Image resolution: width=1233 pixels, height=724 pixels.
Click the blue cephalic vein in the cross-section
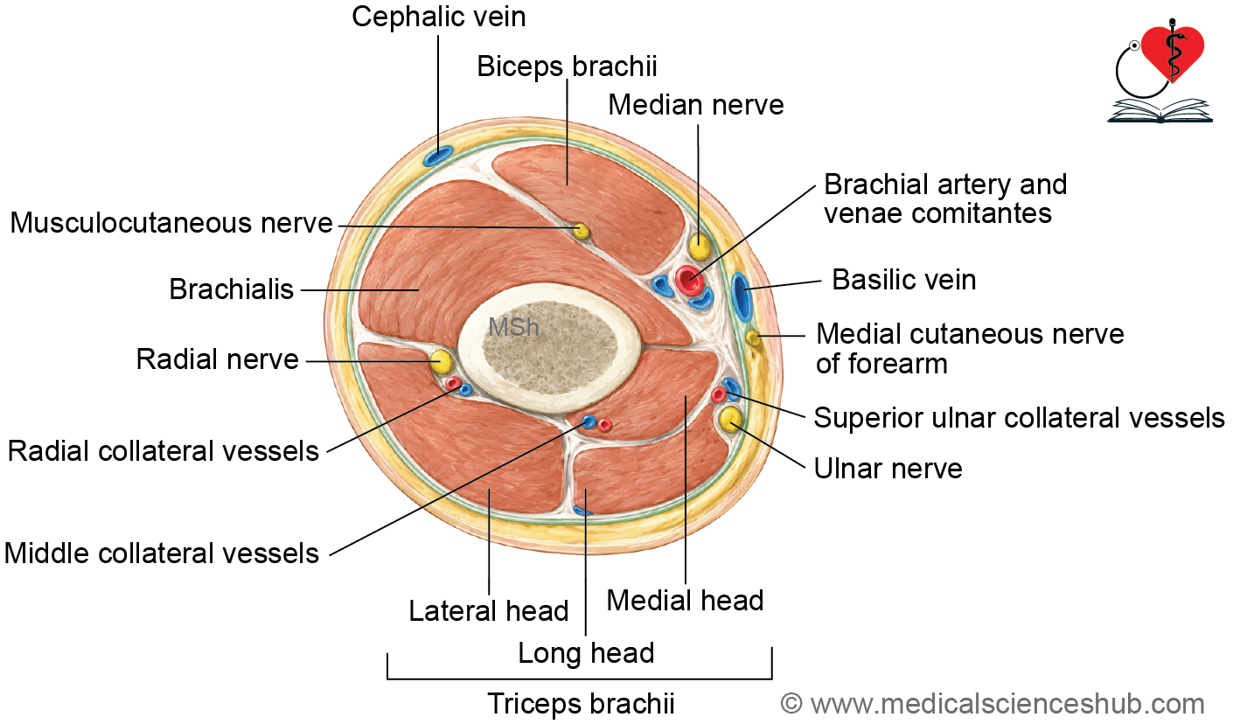tap(438, 156)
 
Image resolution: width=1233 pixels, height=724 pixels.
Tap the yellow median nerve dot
tap(700, 246)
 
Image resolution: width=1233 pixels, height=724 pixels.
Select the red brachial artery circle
tap(689, 280)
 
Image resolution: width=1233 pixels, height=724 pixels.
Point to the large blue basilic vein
tap(742, 296)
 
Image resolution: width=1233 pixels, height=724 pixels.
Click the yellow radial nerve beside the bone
tap(441, 362)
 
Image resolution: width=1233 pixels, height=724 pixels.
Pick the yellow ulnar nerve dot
tap(730, 419)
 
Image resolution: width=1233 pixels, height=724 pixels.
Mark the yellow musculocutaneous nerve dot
tap(581, 231)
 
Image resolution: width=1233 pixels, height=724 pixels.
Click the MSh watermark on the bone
tap(513, 328)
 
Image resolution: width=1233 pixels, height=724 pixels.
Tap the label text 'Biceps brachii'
tap(567, 66)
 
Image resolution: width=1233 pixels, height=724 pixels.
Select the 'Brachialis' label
tap(231, 289)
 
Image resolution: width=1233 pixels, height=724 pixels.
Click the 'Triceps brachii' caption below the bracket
tap(581, 704)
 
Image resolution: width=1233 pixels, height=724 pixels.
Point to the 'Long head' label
tap(586, 653)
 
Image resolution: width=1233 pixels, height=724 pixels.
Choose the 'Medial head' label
tap(685, 600)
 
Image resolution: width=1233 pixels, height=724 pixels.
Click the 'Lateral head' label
tap(488, 610)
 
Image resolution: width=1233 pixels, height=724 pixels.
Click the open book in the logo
tap(1160, 111)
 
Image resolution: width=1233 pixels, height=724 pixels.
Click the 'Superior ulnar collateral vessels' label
tap(1020, 417)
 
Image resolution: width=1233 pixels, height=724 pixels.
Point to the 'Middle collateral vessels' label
tap(161, 553)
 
